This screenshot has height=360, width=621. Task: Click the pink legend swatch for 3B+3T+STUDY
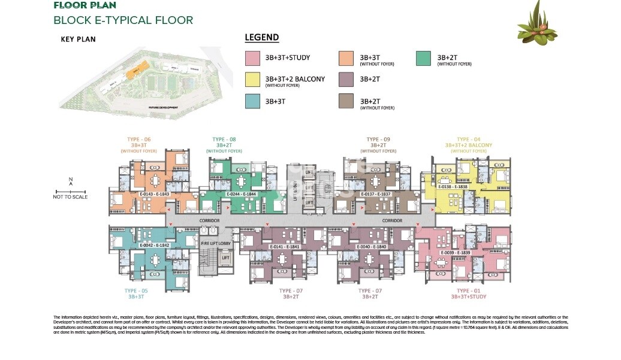pyautogui.click(x=252, y=58)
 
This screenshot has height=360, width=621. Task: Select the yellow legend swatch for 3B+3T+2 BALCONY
pyautogui.click(x=252, y=79)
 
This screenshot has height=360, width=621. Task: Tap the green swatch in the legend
pyautogui.click(x=423, y=58)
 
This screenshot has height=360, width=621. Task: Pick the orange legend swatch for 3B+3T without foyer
pyautogui.click(x=346, y=58)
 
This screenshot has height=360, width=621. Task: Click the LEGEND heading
pyautogui.click(x=262, y=38)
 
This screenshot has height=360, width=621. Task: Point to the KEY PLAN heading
pyautogui.click(x=78, y=40)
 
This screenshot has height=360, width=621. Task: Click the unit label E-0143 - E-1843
pyautogui.click(x=155, y=194)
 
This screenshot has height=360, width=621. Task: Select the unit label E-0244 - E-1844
pyautogui.click(x=242, y=194)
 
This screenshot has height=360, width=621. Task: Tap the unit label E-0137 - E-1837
pyautogui.click(x=376, y=194)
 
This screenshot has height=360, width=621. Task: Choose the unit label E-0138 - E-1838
pyautogui.click(x=453, y=187)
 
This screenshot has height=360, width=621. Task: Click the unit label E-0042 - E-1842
pyautogui.click(x=155, y=246)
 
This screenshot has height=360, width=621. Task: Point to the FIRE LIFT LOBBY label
pyautogui.click(x=216, y=244)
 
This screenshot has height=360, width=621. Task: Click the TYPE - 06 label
pyautogui.click(x=138, y=139)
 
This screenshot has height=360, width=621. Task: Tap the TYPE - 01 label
pyautogui.click(x=468, y=291)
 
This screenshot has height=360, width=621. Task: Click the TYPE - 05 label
pyautogui.click(x=135, y=291)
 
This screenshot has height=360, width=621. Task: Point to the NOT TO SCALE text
pyautogui.click(x=70, y=197)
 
